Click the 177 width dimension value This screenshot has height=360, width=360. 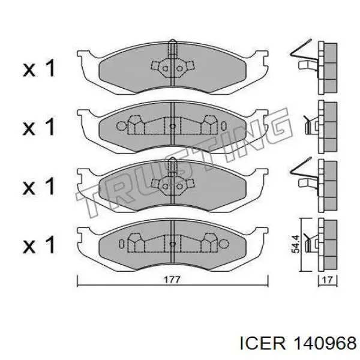(173, 279)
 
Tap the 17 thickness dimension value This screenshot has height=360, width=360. (326, 279)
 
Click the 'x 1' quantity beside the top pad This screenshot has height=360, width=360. (40, 69)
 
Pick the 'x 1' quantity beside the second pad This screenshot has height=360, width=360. (40, 127)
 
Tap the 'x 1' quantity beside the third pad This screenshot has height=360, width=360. (40, 186)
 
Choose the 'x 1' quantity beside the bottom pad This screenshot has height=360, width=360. (40, 244)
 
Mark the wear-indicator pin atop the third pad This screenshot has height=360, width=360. (172, 163)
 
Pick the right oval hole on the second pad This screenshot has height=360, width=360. (223, 126)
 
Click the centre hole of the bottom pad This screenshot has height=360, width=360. (172, 244)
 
